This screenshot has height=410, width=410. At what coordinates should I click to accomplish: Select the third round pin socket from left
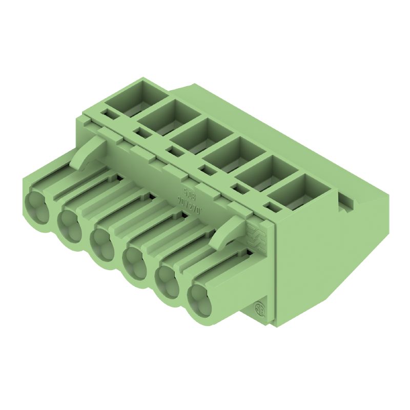[101, 241]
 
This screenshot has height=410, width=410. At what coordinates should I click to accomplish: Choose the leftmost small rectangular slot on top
[110, 111]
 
